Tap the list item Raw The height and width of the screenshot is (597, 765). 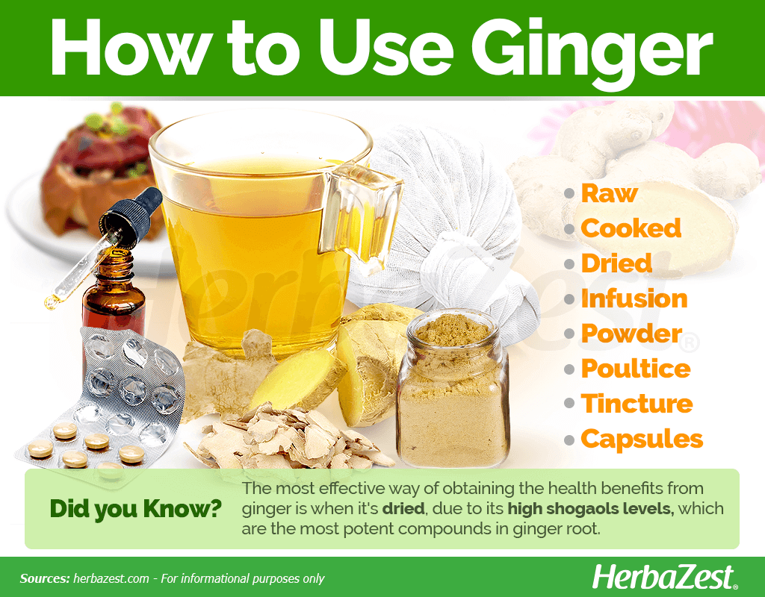[610, 193]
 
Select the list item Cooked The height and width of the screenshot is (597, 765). [631, 228]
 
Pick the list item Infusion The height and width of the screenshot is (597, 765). [634, 298]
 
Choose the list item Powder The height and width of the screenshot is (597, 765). [631, 334]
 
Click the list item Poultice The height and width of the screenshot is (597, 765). [636, 369]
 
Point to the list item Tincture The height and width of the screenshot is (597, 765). [637, 404]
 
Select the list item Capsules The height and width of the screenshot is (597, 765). [642, 439]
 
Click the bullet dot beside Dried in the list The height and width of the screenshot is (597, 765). [569, 263]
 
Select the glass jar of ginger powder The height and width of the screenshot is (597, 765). [453, 388]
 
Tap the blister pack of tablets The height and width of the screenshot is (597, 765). [102, 400]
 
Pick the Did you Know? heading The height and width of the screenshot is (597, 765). [136, 509]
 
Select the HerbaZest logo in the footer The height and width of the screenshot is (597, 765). [664, 578]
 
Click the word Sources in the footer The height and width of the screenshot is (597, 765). [45, 578]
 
